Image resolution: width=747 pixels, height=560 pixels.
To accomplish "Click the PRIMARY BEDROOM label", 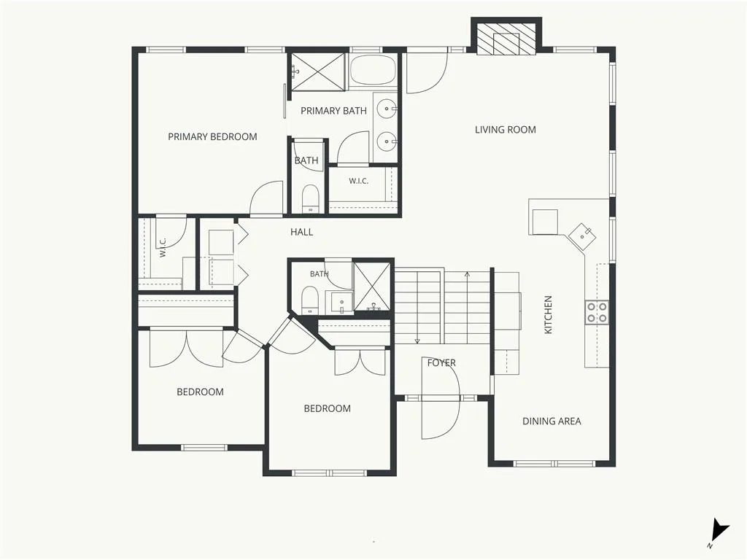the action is click(212, 136).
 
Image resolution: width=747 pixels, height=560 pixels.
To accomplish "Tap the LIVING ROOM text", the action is click(506, 130).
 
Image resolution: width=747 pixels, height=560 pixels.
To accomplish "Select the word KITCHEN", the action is click(549, 315).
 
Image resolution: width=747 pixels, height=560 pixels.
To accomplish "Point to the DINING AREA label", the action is click(551, 421).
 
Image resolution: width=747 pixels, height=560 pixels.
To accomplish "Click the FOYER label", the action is click(441, 363).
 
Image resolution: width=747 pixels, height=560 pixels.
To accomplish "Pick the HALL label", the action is click(302, 232).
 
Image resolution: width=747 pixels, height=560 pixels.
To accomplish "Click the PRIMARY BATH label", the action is click(333, 111).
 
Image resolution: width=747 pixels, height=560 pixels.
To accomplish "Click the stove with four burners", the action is click(597, 312).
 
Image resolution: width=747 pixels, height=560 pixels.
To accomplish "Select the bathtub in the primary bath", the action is click(373, 71).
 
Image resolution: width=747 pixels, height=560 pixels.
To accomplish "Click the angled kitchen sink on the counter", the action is click(582, 236).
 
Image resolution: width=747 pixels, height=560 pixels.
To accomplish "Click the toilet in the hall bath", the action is click(309, 300).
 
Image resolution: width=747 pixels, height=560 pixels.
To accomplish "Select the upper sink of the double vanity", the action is click(386, 109).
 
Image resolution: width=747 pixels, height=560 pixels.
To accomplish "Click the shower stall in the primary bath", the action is click(318, 71).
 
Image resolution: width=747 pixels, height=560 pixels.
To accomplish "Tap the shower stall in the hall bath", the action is click(372, 287).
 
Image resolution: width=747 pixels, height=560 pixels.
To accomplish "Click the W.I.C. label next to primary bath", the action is click(358, 182).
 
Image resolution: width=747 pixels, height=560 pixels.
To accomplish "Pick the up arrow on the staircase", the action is click(467, 307).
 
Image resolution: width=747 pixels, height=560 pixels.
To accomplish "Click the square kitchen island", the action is click(545, 222).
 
